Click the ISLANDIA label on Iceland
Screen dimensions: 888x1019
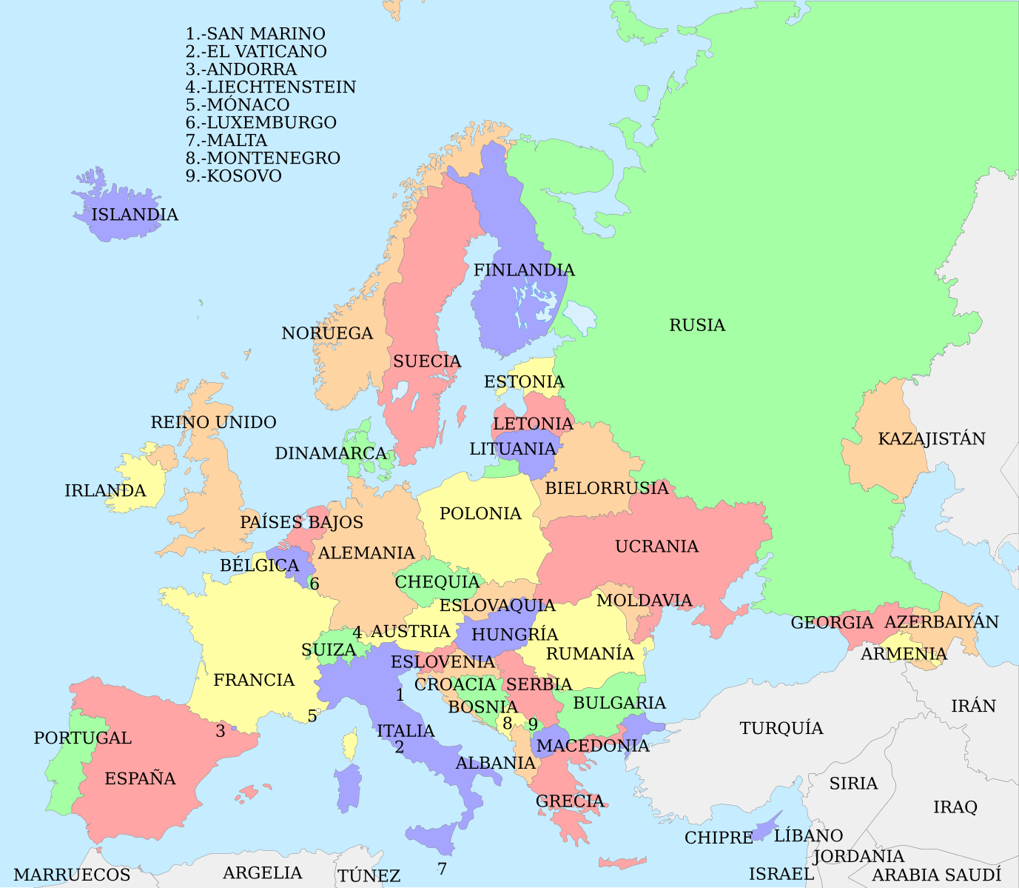135,215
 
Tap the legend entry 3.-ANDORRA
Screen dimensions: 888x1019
241,70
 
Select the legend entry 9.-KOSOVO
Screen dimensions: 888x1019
233,176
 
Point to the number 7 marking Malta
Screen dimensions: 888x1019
442,869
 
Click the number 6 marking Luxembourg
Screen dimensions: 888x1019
315,584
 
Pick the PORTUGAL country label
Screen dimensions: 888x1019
82,738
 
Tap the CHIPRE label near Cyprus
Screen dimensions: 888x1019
718,838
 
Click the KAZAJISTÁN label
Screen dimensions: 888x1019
931,439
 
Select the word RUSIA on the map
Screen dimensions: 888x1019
697,325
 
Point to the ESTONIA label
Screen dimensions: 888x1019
524,382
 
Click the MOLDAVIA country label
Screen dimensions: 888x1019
644,601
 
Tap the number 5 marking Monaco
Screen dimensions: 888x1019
312,716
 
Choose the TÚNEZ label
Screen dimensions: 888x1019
369,876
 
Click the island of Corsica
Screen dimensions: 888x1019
350,744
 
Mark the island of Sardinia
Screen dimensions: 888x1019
348,787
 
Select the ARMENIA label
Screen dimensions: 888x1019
903,654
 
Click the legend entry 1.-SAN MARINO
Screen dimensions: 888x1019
255,34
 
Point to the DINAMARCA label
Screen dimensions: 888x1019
331,453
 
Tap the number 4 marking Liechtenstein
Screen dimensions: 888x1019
357,632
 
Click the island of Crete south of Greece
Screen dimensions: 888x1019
622,862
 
